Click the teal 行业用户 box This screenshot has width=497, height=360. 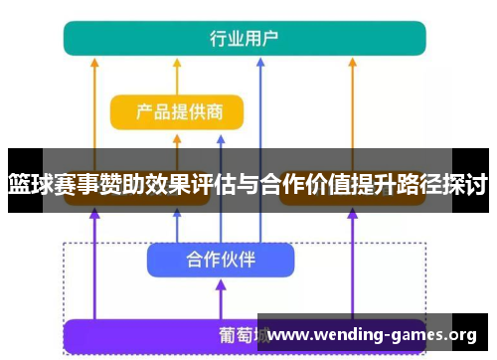pyautogui.click(x=245, y=38)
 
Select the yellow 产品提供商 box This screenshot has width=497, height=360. pyautogui.click(x=176, y=112)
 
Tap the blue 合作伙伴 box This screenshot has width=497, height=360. pyautogui.click(x=221, y=260)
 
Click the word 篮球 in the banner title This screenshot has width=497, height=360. pyautogui.click(x=31, y=184)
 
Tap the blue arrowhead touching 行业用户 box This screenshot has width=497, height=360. pyautogui.click(x=260, y=62)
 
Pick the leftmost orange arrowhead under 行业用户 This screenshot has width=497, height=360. pyautogui.click(x=94, y=62)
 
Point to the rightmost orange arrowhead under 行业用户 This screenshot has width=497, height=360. pyautogui.click(x=352, y=62)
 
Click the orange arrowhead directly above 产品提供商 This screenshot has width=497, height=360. pyautogui.click(x=176, y=62)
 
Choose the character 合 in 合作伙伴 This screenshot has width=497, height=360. pyautogui.click(x=196, y=260)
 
